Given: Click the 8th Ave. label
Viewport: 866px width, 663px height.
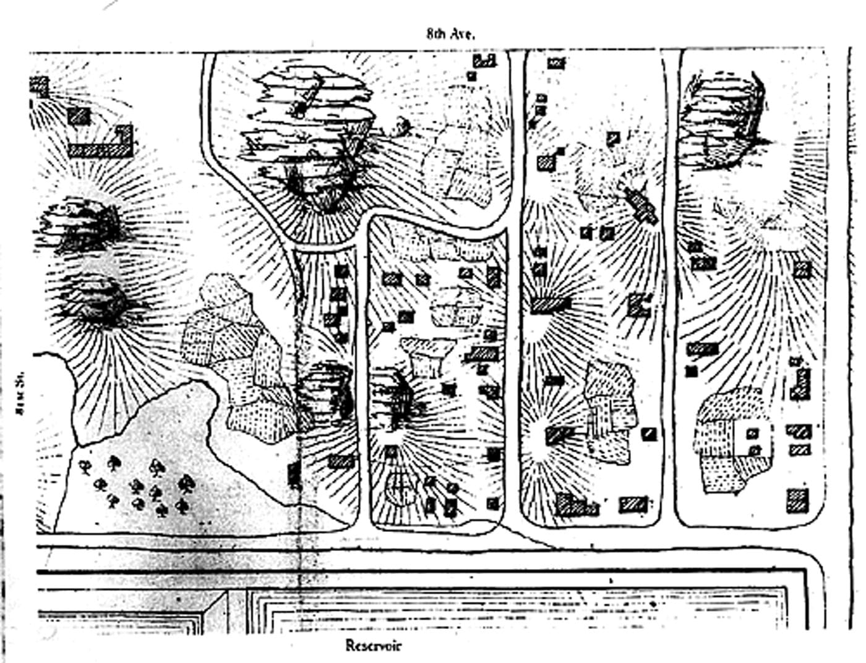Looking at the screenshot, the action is point(450,35).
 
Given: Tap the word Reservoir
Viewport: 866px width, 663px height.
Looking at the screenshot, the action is point(373,646).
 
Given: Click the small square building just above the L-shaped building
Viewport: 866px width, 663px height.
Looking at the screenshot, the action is point(79,116).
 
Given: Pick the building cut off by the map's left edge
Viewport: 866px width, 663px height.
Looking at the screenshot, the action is point(39,86).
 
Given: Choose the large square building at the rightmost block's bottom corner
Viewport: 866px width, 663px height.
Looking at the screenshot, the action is point(797,500).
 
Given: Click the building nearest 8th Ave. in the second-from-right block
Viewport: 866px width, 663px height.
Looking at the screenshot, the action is point(555,63).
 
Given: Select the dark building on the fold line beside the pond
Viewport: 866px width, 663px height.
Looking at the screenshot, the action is point(294,475).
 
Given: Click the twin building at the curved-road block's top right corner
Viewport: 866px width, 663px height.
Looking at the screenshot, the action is point(485,61).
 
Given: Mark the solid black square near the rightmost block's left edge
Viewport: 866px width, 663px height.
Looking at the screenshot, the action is point(692,372).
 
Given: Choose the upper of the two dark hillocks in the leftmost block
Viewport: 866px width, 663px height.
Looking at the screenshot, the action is point(85,224).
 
